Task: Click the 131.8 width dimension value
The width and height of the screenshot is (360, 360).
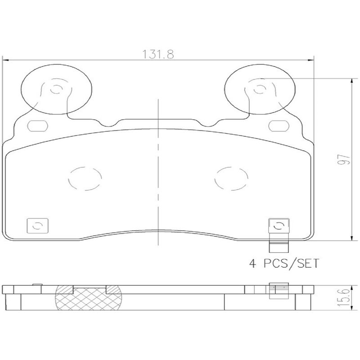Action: coord(158,54)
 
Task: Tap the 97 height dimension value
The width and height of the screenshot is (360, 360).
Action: coord(344,159)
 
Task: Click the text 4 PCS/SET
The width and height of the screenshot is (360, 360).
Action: coord(284,263)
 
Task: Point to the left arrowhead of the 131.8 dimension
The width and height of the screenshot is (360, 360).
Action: coord(5,60)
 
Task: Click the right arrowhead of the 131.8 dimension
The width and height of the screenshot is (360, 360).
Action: coord(311,60)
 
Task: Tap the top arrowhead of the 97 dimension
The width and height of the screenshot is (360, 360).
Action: coord(351,81)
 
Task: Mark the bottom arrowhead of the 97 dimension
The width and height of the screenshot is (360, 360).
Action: coord(351,238)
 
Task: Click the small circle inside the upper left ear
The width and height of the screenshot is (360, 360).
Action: coord(56,89)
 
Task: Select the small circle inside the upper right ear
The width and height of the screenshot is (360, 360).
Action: coord(260,89)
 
